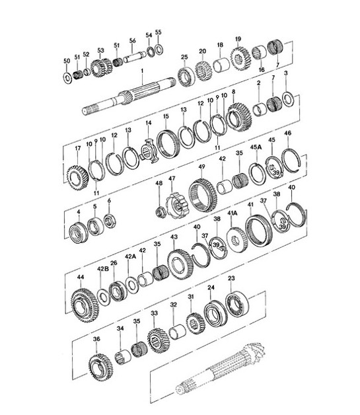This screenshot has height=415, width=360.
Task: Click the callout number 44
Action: point(81,277)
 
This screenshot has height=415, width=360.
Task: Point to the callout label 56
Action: point(133,40)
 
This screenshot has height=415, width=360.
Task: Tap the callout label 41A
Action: point(233,213)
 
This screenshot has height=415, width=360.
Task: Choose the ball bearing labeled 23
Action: point(234,305)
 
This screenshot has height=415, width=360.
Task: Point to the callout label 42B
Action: point(102,269)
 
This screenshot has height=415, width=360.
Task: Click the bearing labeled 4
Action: point(79,233)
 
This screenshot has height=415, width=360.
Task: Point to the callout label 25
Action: point(184,57)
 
